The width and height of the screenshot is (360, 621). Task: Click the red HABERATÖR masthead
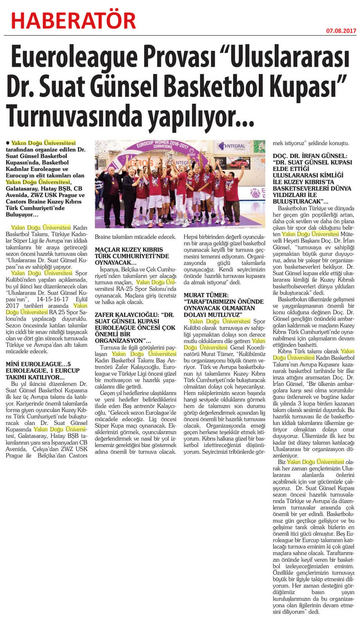point(74,20)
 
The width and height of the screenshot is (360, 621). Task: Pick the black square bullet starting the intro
point(8,144)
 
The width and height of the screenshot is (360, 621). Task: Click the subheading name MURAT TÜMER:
point(206,295)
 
